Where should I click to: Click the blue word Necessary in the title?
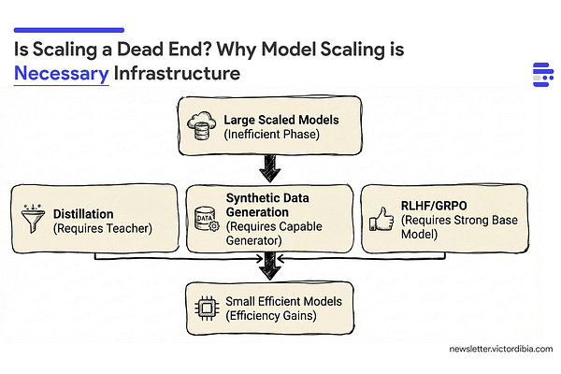[62, 74]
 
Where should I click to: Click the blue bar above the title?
[69, 30]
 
